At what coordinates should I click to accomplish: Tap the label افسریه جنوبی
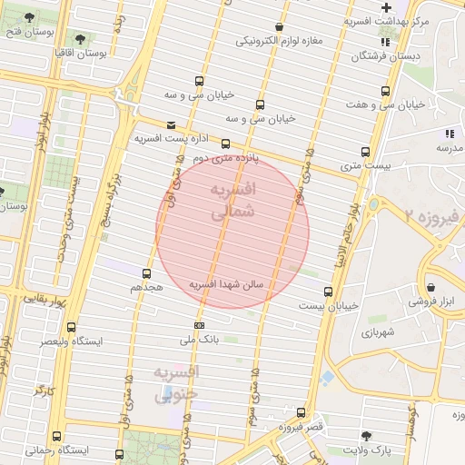(176, 384)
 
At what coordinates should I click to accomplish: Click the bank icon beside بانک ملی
(199, 325)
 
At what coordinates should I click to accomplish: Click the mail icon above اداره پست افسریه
(172, 125)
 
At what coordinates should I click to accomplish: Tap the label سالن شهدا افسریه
(225, 284)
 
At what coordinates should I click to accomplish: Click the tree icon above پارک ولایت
(367, 435)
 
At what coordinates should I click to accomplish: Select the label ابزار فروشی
(430, 301)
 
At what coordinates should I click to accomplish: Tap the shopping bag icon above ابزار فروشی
(430, 286)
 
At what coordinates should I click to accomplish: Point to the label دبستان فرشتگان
(384, 56)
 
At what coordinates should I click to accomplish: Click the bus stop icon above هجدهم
(146, 272)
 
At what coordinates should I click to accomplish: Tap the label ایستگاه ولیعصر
(70, 341)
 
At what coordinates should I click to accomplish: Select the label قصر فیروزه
(300, 427)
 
